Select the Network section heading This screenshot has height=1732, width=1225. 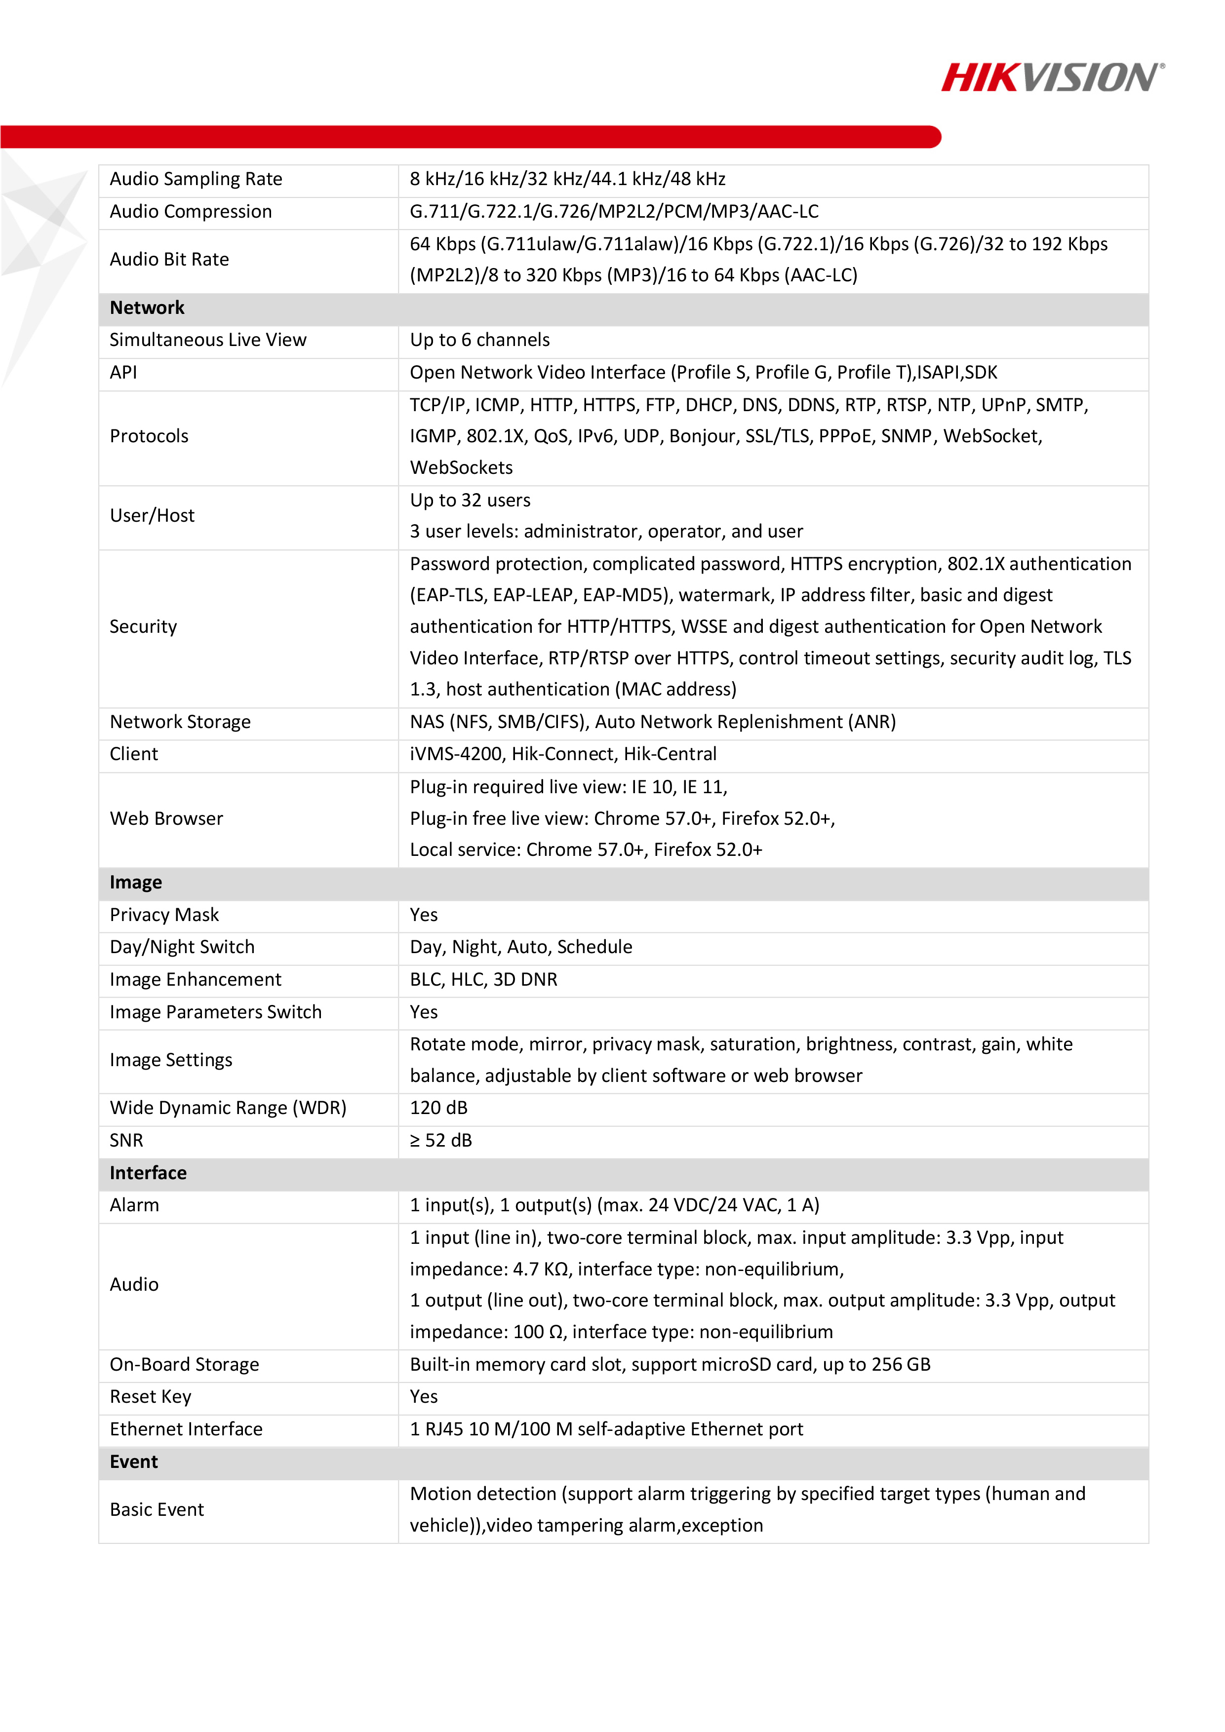pos(147,308)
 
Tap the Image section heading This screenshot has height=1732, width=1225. pos(136,882)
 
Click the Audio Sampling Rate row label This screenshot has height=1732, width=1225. pos(196,179)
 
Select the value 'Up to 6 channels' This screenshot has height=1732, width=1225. pos(479,340)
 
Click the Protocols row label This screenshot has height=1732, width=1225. pos(150,436)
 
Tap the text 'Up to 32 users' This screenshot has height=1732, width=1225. pos(470,500)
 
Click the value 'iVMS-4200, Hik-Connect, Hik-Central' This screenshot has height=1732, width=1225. pos(563,754)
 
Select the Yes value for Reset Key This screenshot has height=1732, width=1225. pos(424,1396)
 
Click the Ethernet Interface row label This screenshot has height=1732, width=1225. pos(187,1429)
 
